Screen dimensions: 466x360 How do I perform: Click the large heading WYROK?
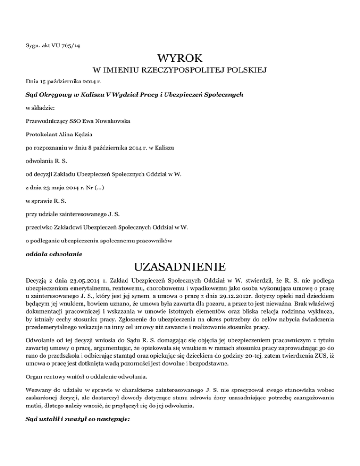pyautogui.click(x=180, y=59)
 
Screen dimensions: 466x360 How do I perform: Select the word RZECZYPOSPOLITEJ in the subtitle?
pyautogui.click(x=180, y=71)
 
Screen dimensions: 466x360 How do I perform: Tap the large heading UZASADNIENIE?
pyautogui.click(x=180, y=268)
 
